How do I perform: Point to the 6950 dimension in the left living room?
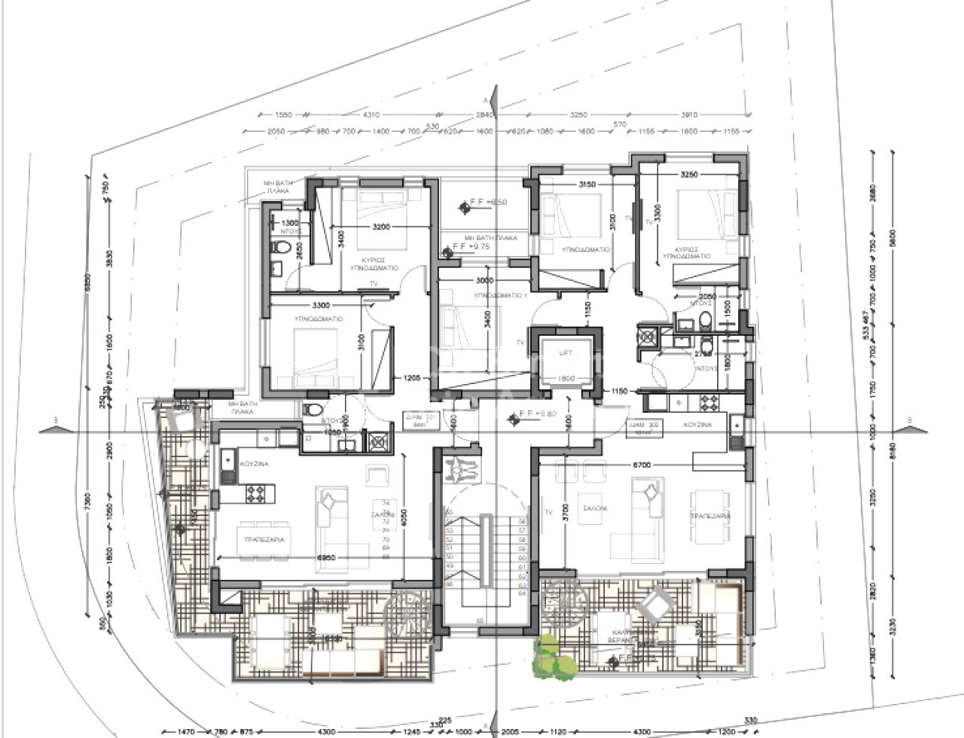pyautogui.click(x=325, y=557)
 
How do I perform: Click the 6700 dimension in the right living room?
pyautogui.click(x=643, y=465)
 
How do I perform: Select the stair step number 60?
pyautogui.click(x=521, y=558)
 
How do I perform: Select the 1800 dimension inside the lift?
pyautogui.click(x=566, y=379)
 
